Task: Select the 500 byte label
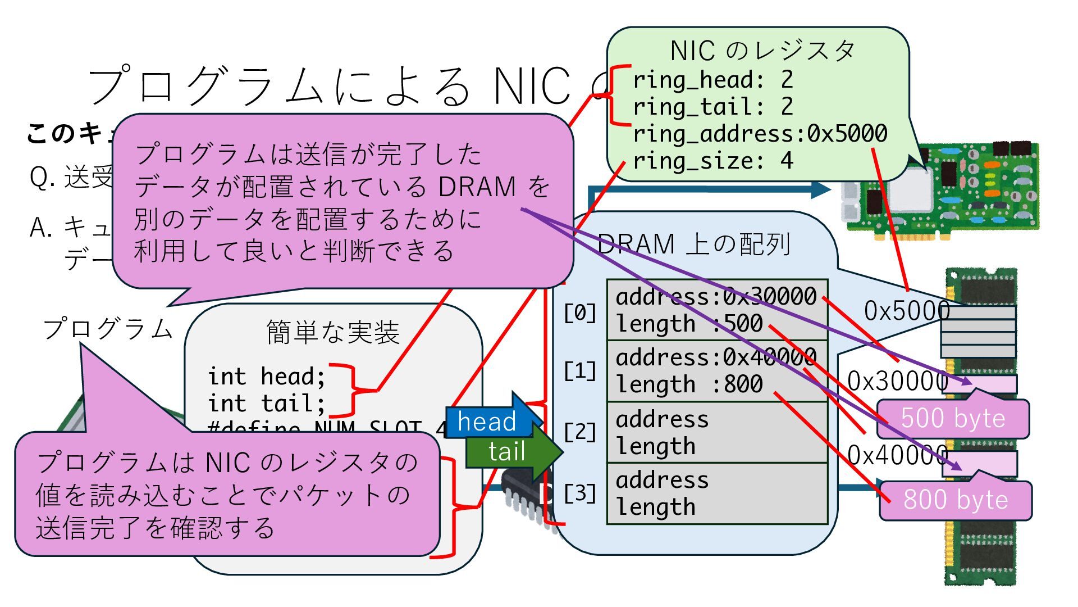pos(953,419)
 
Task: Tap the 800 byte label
pos(955,500)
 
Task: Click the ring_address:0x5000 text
pos(760,134)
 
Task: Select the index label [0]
pos(580,312)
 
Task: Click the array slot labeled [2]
pos(717,432)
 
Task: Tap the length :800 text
pos(689,384)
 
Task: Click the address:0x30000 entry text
pos(716,296)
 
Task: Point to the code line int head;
pos(266,376)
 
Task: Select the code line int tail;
pos(266,403)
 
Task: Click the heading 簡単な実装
pos(333,332)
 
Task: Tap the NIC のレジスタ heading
pos(762,51)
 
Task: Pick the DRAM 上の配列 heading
pos(694,244)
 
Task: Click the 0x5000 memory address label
pos(906,311)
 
